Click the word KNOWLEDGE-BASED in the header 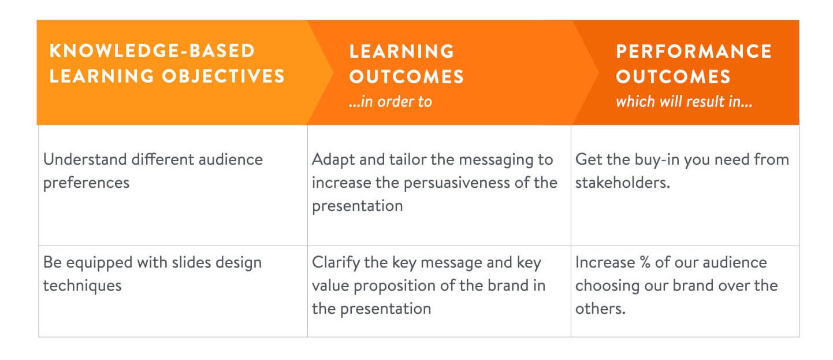[x=152, y=51]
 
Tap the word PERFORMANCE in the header [x=693, y=51]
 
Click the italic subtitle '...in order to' [x=390, y=102]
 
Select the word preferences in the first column [x=86, y=183]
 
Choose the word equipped [x=103, y=262]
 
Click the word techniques [x=82, y=285]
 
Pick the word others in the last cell [x=600, y=309]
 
